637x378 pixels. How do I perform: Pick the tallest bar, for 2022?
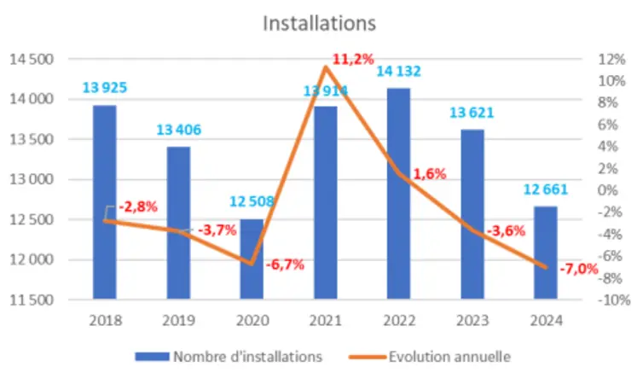tap(398, 193)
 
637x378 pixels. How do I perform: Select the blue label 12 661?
tap(545, 190)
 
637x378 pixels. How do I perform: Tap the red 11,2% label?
tap(349, 59)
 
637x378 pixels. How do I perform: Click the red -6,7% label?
tap(285, 265)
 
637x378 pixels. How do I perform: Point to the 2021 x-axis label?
tap(325, 321)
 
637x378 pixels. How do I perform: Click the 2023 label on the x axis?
tap(472, 321)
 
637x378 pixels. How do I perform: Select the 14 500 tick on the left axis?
tap(31, 60)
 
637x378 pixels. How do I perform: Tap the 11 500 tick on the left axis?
tap(31, 300)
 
